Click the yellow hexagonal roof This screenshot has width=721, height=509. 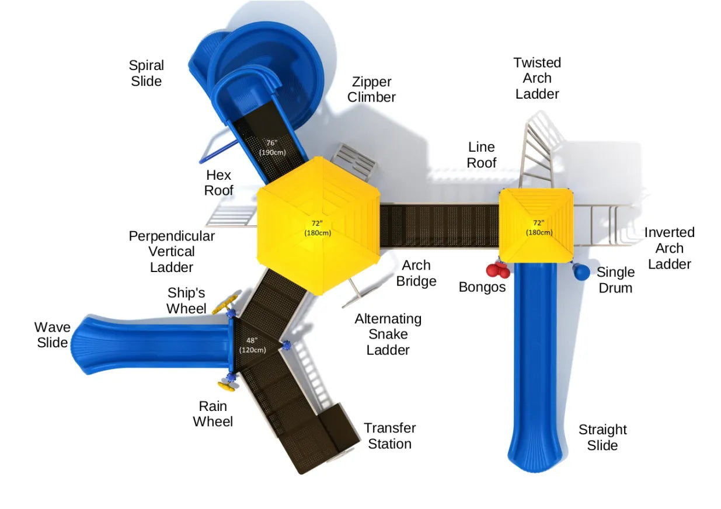point(318,225)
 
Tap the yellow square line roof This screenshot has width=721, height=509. point(535,225)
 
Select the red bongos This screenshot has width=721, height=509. point(498,270)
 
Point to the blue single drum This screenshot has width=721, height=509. point(580,271)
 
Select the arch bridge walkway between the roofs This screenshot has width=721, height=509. point(438,225)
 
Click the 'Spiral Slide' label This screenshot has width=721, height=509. point(147,73)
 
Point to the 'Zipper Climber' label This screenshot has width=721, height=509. point(371,89)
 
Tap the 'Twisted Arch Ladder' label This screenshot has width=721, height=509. point(537,78)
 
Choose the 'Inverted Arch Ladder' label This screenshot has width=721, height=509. point(669,248)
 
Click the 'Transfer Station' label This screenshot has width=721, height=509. point(389,435)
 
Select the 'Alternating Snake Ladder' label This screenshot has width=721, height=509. point(388,334)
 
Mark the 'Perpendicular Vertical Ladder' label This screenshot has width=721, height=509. point(172,251)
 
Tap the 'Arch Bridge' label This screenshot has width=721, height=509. point(416,273)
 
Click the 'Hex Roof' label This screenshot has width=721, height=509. point(219,182)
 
